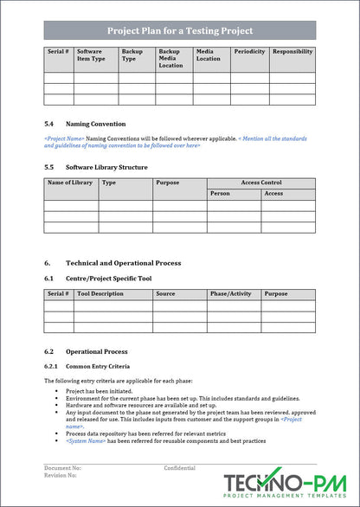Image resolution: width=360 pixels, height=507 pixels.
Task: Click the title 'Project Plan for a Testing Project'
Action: [179, 31]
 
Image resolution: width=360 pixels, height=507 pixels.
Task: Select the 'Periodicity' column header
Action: [249, 52]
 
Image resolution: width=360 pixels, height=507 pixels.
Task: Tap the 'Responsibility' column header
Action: [292, 52]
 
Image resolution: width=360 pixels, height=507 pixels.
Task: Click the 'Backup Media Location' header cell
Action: [171, 58]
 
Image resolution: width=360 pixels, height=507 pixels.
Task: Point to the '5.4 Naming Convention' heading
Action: [85, 124]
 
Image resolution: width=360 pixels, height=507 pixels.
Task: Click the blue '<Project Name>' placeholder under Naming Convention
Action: [64, 138]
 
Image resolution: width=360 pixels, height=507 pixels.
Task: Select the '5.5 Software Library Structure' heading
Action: [95, 167]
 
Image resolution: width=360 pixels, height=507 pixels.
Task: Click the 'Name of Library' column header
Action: [70, 183]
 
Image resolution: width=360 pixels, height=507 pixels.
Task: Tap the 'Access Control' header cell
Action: [260, 183]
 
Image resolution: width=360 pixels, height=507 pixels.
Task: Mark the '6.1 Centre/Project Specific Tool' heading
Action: [98, 279]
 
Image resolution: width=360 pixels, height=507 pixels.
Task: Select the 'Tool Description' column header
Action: [100, 294]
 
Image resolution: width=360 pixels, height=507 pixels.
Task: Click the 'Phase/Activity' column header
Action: [230, 294]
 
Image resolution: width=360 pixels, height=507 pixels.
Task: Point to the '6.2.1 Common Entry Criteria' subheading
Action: [93, 366]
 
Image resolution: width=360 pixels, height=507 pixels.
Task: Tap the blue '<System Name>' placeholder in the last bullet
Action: [86, 441]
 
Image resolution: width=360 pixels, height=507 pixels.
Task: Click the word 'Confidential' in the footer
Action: [180, 468]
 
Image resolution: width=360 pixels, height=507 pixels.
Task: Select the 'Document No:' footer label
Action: [63, 468]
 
